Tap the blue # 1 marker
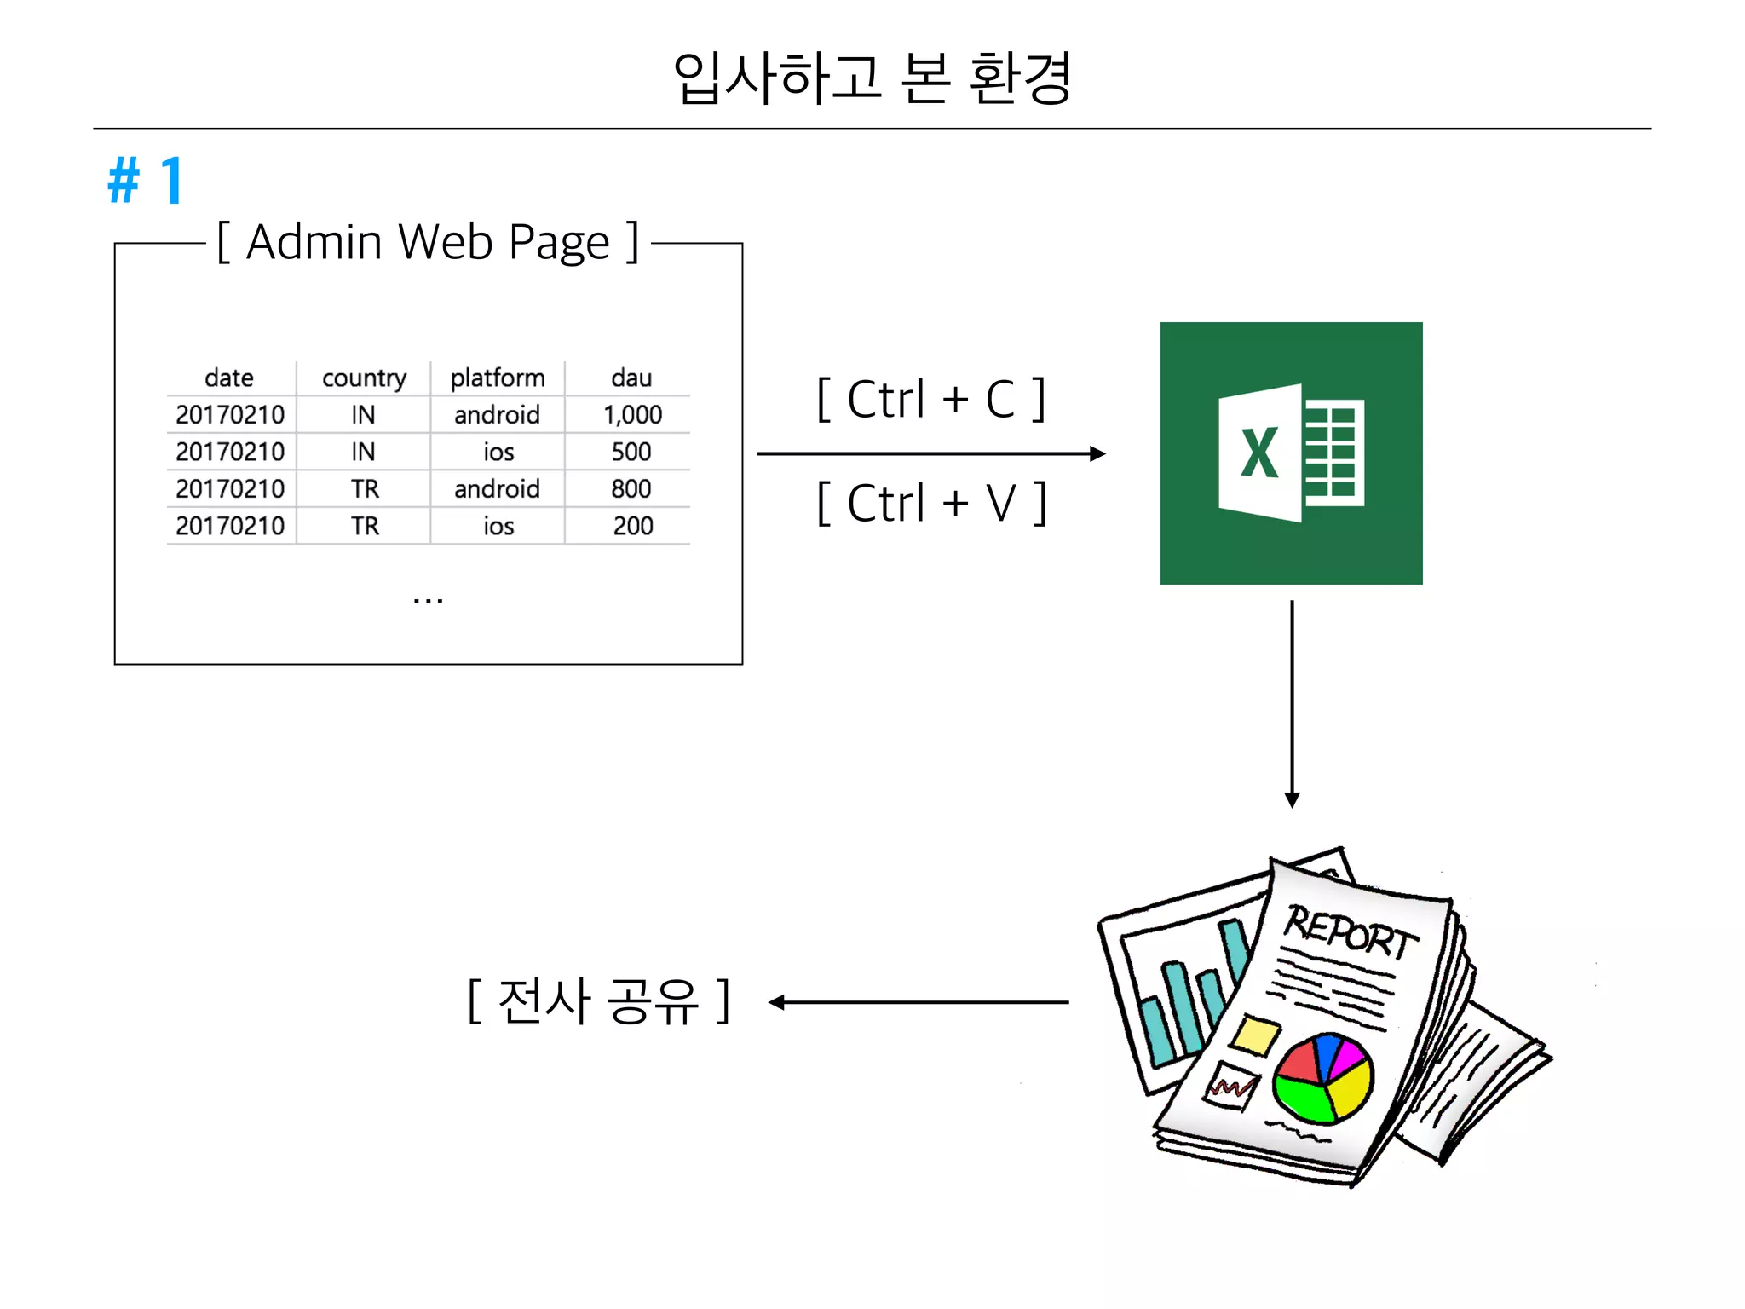[x=146, y=181]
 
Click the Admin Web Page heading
[x=428, y=242]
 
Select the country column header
[x=364, y=378]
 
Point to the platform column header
[x=498, y=378]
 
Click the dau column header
[x=631, y=378]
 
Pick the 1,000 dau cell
[x=632, y=415]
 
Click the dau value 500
[x=631, y=452]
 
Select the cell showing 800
[x=631, y=489]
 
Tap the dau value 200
[x=632, y=526]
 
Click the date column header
[x=229, y=378]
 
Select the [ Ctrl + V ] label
[x=930, y=503]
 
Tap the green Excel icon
[x=1291, y=453]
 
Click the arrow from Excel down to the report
[x=1292, y=703]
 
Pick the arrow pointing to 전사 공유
[x=919, y=1002]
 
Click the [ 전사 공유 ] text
[x=598, y=1000]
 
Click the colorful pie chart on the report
[x=1322, y=1078]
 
